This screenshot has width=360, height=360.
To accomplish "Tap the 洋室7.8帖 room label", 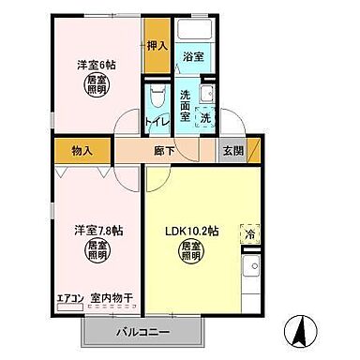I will click(x=95, y=228).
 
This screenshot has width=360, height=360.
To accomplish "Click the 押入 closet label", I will click(x=157, y=46).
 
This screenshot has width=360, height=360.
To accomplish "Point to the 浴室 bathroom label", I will click(x=193, y=57).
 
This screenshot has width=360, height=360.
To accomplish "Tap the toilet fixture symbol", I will click(x=157, y=97).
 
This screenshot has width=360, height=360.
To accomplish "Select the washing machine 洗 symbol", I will click(x=205, y=119).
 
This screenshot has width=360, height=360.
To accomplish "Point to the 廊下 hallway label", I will click(x=165, y=150).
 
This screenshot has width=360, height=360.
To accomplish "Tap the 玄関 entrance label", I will click(x=232, y=151).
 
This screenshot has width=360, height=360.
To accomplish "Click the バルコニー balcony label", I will click(x=142, y=332).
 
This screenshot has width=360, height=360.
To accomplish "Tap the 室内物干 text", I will click(x=112, y=299).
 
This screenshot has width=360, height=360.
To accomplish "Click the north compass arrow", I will click(x=299, y=330).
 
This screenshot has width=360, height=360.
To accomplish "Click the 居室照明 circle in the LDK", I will click(x=191, y=252).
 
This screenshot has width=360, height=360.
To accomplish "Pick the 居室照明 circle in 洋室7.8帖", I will click(x=97, y=250).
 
